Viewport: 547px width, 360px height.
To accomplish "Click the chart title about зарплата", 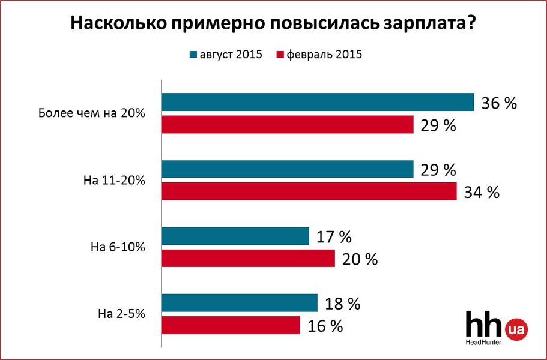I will click(x=274, y=23).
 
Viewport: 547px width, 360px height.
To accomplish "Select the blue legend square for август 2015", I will click(x=193, y=55).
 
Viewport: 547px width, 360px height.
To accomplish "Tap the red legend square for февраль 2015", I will click(x=279, y=55).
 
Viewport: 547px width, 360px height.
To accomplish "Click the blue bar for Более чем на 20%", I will click(x=318, y=103).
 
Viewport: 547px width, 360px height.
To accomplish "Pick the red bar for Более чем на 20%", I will click(x=288, y=125).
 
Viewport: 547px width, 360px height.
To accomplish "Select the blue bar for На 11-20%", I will click(x=288, y=169).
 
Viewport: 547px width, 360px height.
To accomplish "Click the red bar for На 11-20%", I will click(x=309, y=191).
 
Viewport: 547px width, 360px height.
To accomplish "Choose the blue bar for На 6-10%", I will click(x=235, y=236).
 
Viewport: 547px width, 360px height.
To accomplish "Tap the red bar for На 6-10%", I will click(x=248, y=258).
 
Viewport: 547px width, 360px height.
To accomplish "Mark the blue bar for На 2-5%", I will click(x=240, y=303).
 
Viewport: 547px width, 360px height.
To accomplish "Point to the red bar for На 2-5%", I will click(x=231, y=325).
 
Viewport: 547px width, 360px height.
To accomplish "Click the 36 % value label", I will click(x=499, y=103).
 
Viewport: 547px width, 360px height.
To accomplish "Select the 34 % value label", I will click(x=482, y=192).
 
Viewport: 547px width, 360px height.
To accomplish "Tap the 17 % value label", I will click(x=333, y=237).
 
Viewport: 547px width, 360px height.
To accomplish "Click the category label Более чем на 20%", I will click(x=92, y=113).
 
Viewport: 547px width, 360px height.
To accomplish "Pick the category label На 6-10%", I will click(x=118, y=247).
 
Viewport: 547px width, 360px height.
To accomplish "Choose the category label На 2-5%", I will click(x=121, y=313).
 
